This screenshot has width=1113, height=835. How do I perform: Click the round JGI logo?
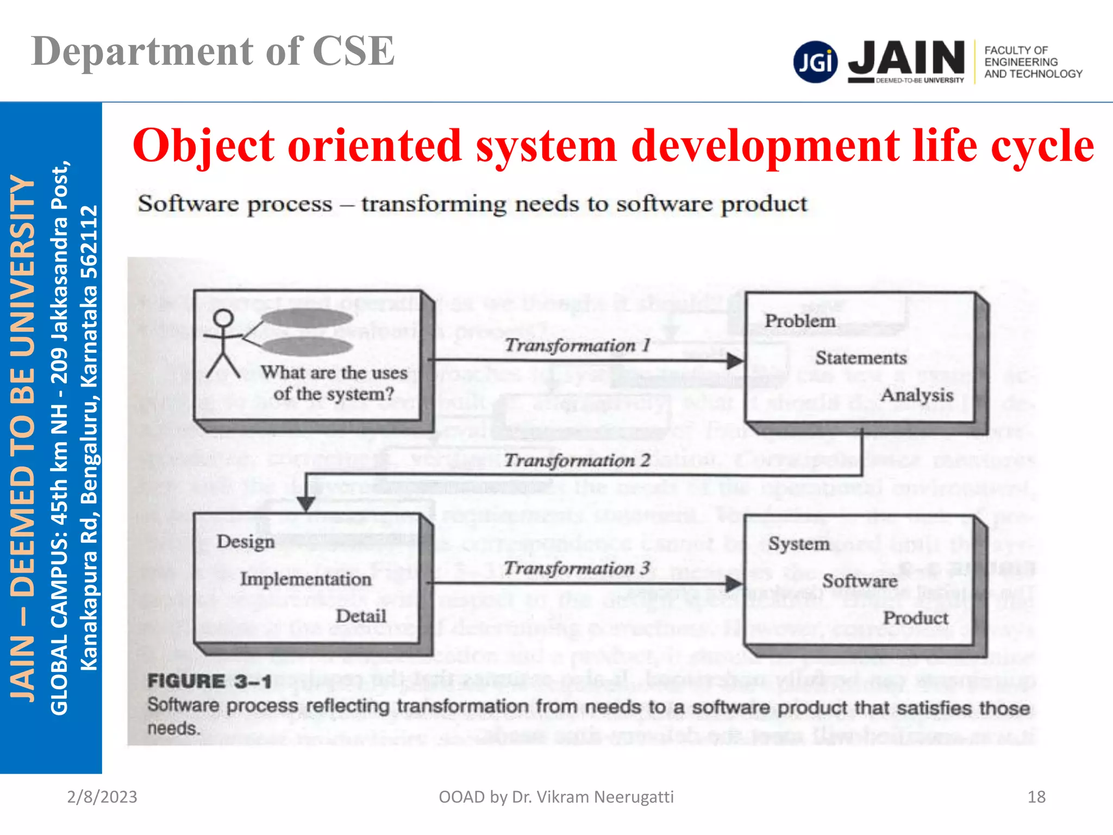(815, 62)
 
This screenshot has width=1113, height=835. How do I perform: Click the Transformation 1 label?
(577, 345)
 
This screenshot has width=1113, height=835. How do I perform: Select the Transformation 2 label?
(577, 460)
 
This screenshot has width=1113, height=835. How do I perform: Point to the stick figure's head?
(223, 319)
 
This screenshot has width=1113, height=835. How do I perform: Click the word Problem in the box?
(799, 321)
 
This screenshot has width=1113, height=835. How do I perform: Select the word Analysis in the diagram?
(916, 395)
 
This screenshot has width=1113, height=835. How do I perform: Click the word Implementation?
(306, 579)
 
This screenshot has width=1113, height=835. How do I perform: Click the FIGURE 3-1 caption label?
(209, 681)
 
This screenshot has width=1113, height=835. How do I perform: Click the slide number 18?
(1036, 797)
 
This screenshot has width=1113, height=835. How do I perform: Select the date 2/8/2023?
(102, 797)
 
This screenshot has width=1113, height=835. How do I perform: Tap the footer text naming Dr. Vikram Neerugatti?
(556, 797)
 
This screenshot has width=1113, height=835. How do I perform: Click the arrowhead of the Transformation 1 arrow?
(735, 360)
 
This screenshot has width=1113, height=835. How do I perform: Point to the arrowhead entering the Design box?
(306, 504)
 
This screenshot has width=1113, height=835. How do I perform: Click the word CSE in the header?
(353, 52)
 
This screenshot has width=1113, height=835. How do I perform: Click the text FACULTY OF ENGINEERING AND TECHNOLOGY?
(1033, 62)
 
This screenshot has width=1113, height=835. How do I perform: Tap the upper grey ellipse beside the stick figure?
(307, 317)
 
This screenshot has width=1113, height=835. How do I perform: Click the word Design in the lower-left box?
(246, 541)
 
